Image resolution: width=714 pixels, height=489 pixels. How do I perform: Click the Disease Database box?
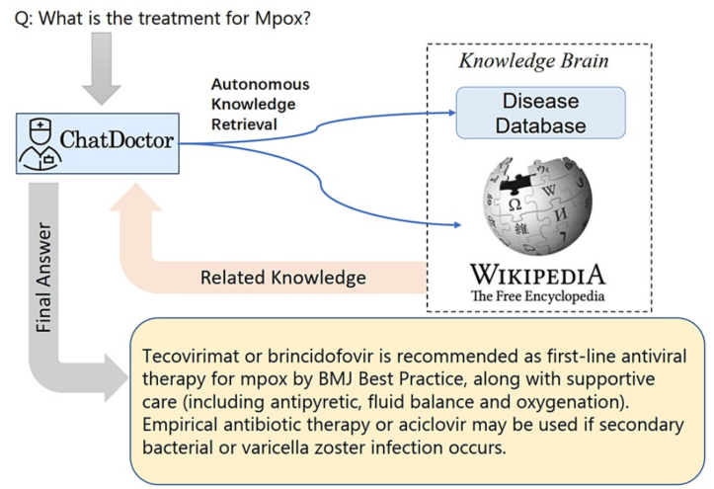pos(540,112)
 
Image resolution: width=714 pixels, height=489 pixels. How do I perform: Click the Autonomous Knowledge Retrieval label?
pos(260,105)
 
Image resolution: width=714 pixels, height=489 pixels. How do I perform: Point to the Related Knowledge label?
pos(283,279)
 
